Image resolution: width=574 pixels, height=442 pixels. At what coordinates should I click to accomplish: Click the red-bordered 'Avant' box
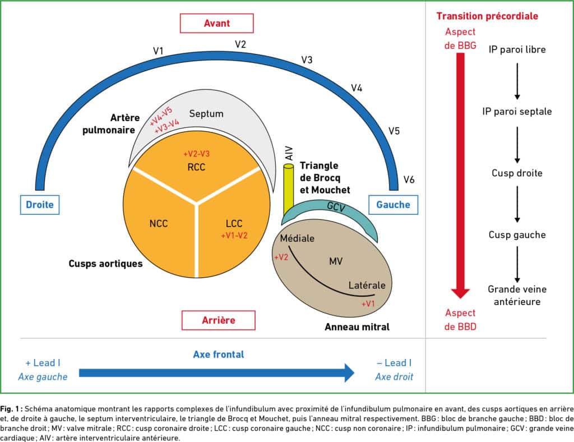tap(217, 24)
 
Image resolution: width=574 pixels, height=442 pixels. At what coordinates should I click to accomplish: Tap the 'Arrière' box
tap(219, 320)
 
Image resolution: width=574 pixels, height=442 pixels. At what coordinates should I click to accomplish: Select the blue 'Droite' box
tap(40, 205)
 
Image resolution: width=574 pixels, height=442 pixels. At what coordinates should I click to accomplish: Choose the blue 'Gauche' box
tap(393, 205)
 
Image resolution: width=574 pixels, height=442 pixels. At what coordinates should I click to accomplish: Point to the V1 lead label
tap(158, 51)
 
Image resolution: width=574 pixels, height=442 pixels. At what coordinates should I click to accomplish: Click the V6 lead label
tap(409, 180)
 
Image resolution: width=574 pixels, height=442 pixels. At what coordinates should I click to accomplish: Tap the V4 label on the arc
tap(357, 88)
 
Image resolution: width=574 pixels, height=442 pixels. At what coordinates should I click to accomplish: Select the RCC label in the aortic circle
tap(196, 167)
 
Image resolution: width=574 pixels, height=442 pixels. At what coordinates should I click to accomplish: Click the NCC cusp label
tap(159, 224)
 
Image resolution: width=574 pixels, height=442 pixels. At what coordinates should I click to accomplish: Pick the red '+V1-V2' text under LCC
tap(234, 236)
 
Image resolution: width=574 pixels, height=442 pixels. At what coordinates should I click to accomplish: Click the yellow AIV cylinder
tap(289, 190)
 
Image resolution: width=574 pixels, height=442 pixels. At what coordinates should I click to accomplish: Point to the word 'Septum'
tap(206, 114)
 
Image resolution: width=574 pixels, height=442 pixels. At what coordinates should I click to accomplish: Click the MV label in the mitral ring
tap(336, 261)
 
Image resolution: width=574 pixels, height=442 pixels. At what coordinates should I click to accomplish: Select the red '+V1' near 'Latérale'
tap(368, 304)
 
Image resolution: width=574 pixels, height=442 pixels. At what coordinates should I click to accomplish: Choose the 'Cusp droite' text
tap(517, 173)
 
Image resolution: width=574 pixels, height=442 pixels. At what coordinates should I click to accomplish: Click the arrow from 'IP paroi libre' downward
tap(517, 81)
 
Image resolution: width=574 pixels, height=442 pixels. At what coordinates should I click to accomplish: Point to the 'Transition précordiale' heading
tap(487, 16)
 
